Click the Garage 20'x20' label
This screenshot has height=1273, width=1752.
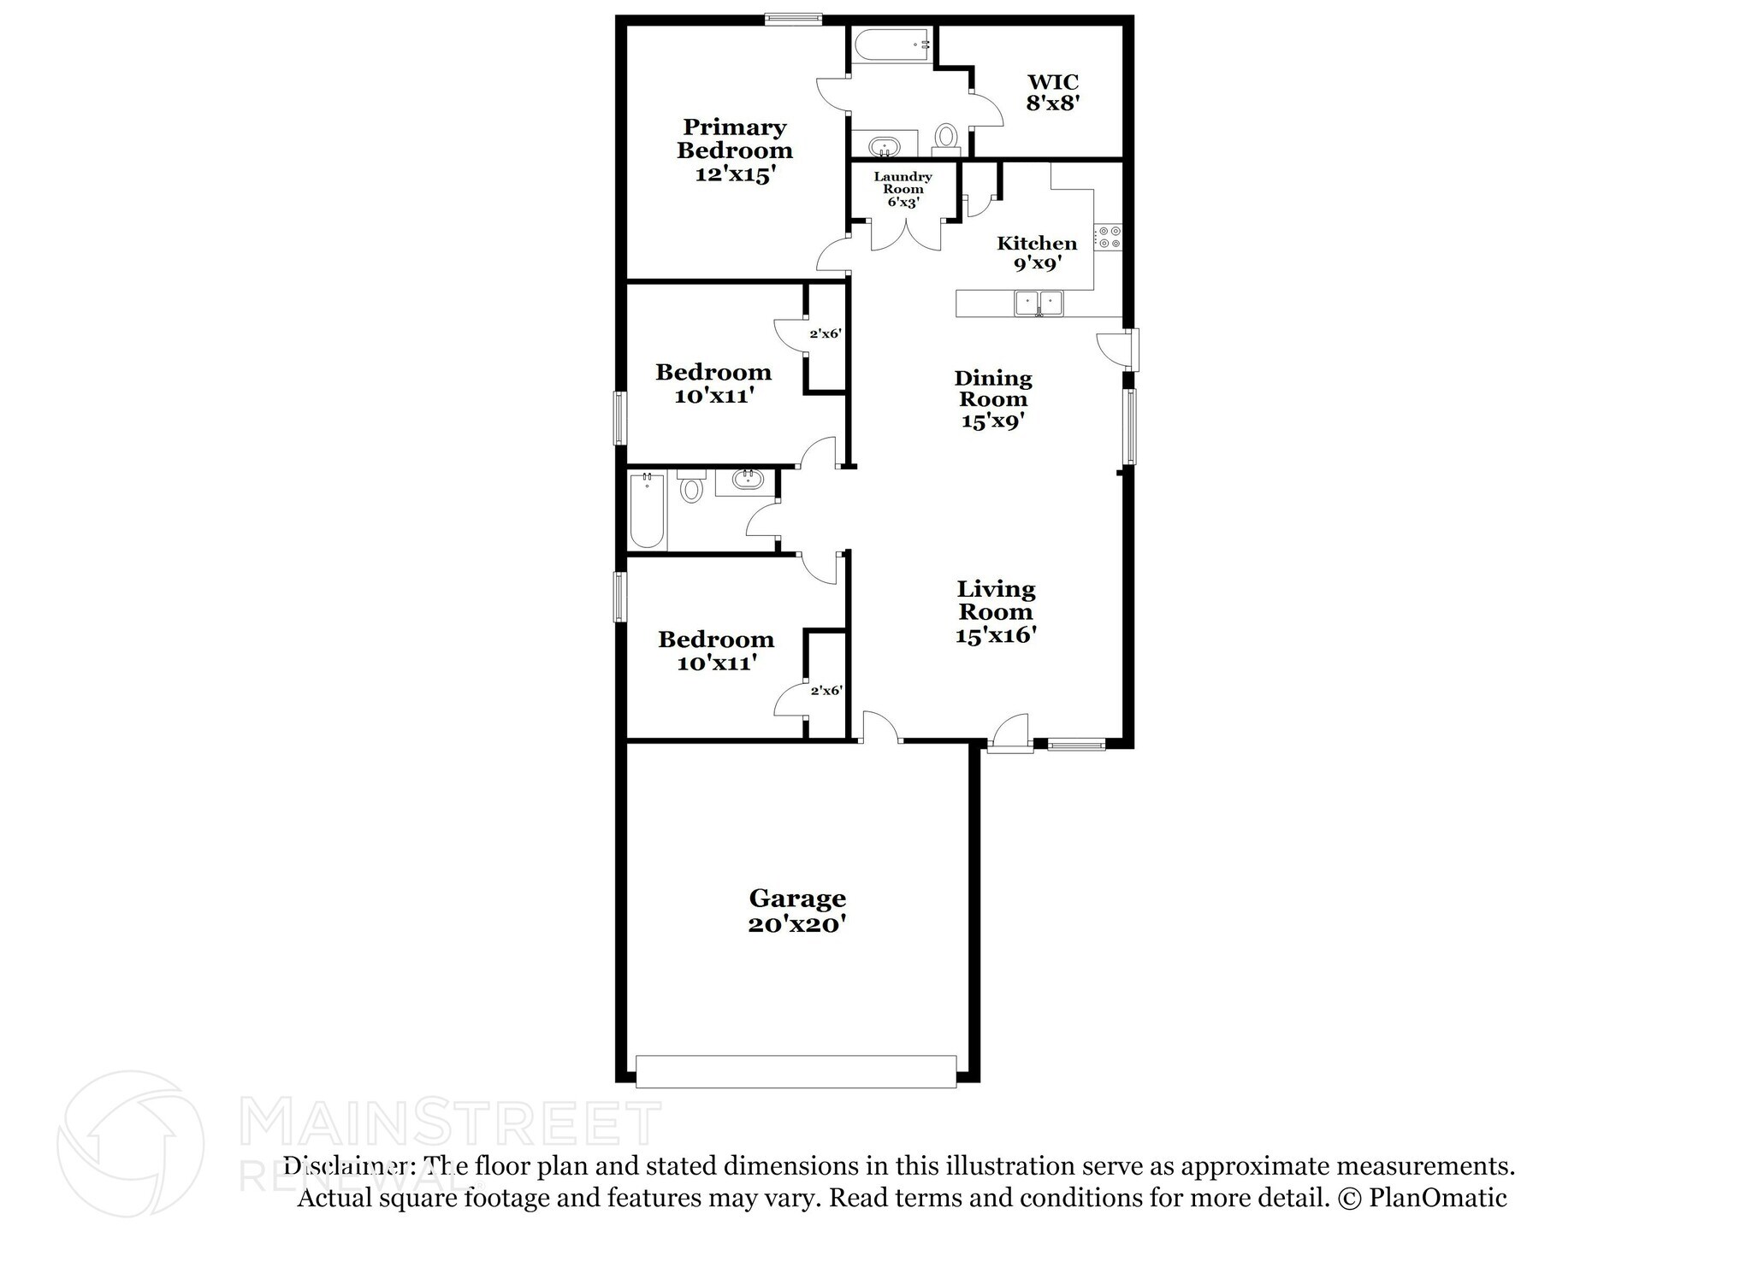(x=797, y=911)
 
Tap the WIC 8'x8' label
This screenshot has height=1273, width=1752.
(x=1052, y=92)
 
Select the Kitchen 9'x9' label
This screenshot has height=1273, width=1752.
(x=1037, y=252)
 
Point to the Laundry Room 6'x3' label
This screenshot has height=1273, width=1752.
(x=903, y=189)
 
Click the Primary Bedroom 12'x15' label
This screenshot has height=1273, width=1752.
(x=734, y=150)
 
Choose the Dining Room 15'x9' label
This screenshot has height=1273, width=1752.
(x=993, y=399)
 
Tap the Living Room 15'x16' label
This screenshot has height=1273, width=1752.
(x=996, y=611)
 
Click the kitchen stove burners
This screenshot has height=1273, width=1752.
(x=1108, y=237)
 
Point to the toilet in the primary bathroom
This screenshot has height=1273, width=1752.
(x=945, y=137)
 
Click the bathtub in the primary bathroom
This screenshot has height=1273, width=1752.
(x=890, y=44)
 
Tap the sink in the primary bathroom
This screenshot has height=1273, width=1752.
(x=885, y=145)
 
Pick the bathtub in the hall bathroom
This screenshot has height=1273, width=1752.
(x=647, y=511)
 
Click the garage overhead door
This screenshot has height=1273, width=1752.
(x=796, y=1071)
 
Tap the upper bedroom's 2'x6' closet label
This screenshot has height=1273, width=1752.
(x=826, y=333)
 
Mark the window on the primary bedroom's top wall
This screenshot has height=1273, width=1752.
(x=793, y=17)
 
